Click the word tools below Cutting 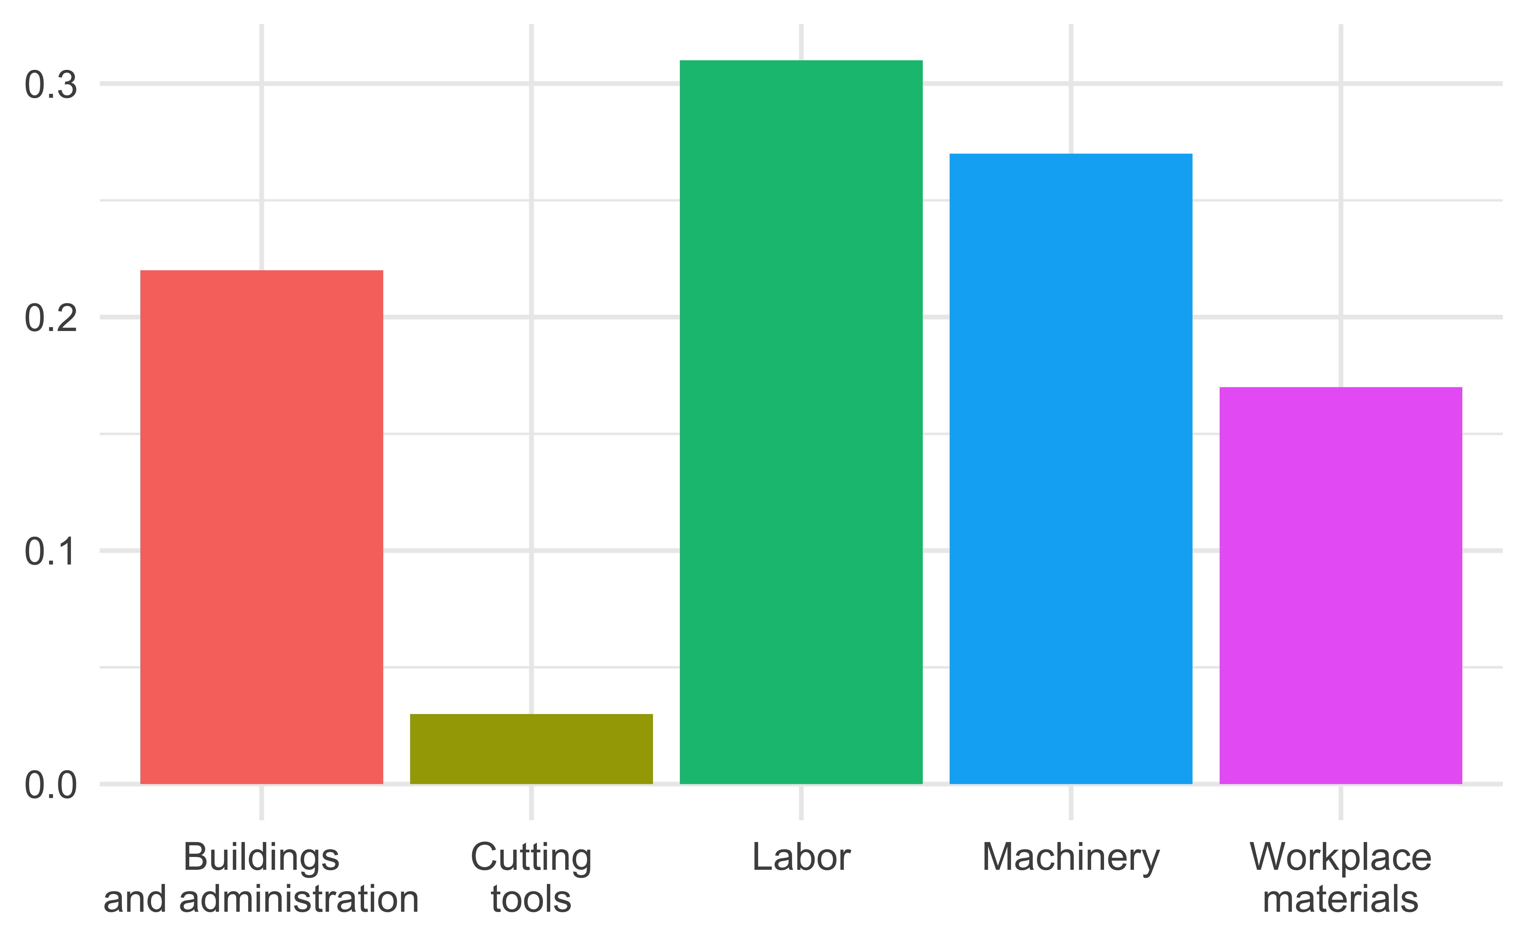click(x=531, y=900)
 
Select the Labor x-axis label click(x=801, y=857)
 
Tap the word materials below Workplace click(x=1340, y=900)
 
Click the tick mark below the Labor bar click(x=801, y=803)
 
